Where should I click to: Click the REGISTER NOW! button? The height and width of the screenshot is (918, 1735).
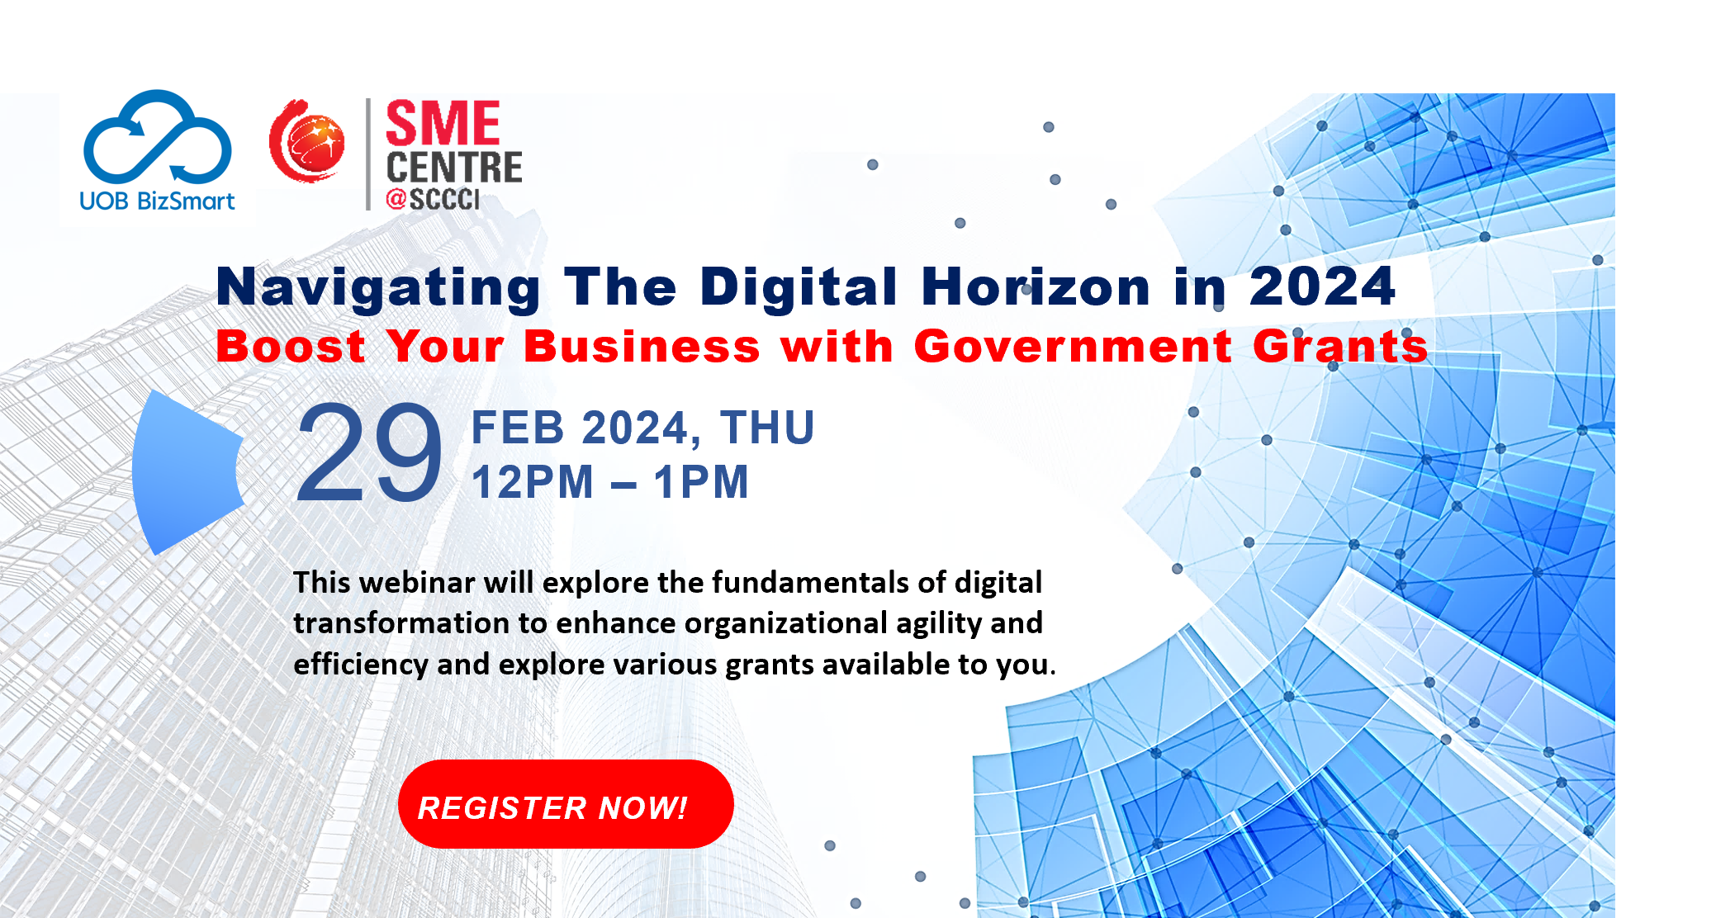coord(566,804)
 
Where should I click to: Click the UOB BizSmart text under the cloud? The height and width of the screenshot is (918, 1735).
coord(157,201)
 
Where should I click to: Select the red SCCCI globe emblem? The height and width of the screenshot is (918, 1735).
coord(307,141)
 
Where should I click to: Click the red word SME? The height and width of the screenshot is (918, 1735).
coord(443,124)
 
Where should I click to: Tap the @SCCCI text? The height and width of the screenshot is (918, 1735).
coord(433,199)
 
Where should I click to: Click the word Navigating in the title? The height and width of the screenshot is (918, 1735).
coord(379,287)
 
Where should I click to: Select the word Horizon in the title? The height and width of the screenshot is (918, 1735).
coord(1036,286)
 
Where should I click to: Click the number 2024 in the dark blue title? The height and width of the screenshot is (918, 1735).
coord(1322,286)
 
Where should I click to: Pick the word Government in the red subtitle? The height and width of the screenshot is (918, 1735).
coord(1073,346)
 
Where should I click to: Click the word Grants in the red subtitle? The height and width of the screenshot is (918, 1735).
coord(1340,346)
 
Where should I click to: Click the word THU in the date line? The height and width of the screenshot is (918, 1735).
coord(767,428)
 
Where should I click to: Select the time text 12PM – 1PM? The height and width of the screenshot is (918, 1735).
coord(610,482)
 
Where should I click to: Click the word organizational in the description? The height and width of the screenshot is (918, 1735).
coord(785,622)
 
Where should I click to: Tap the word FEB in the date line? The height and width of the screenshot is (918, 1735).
coord(518,428)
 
